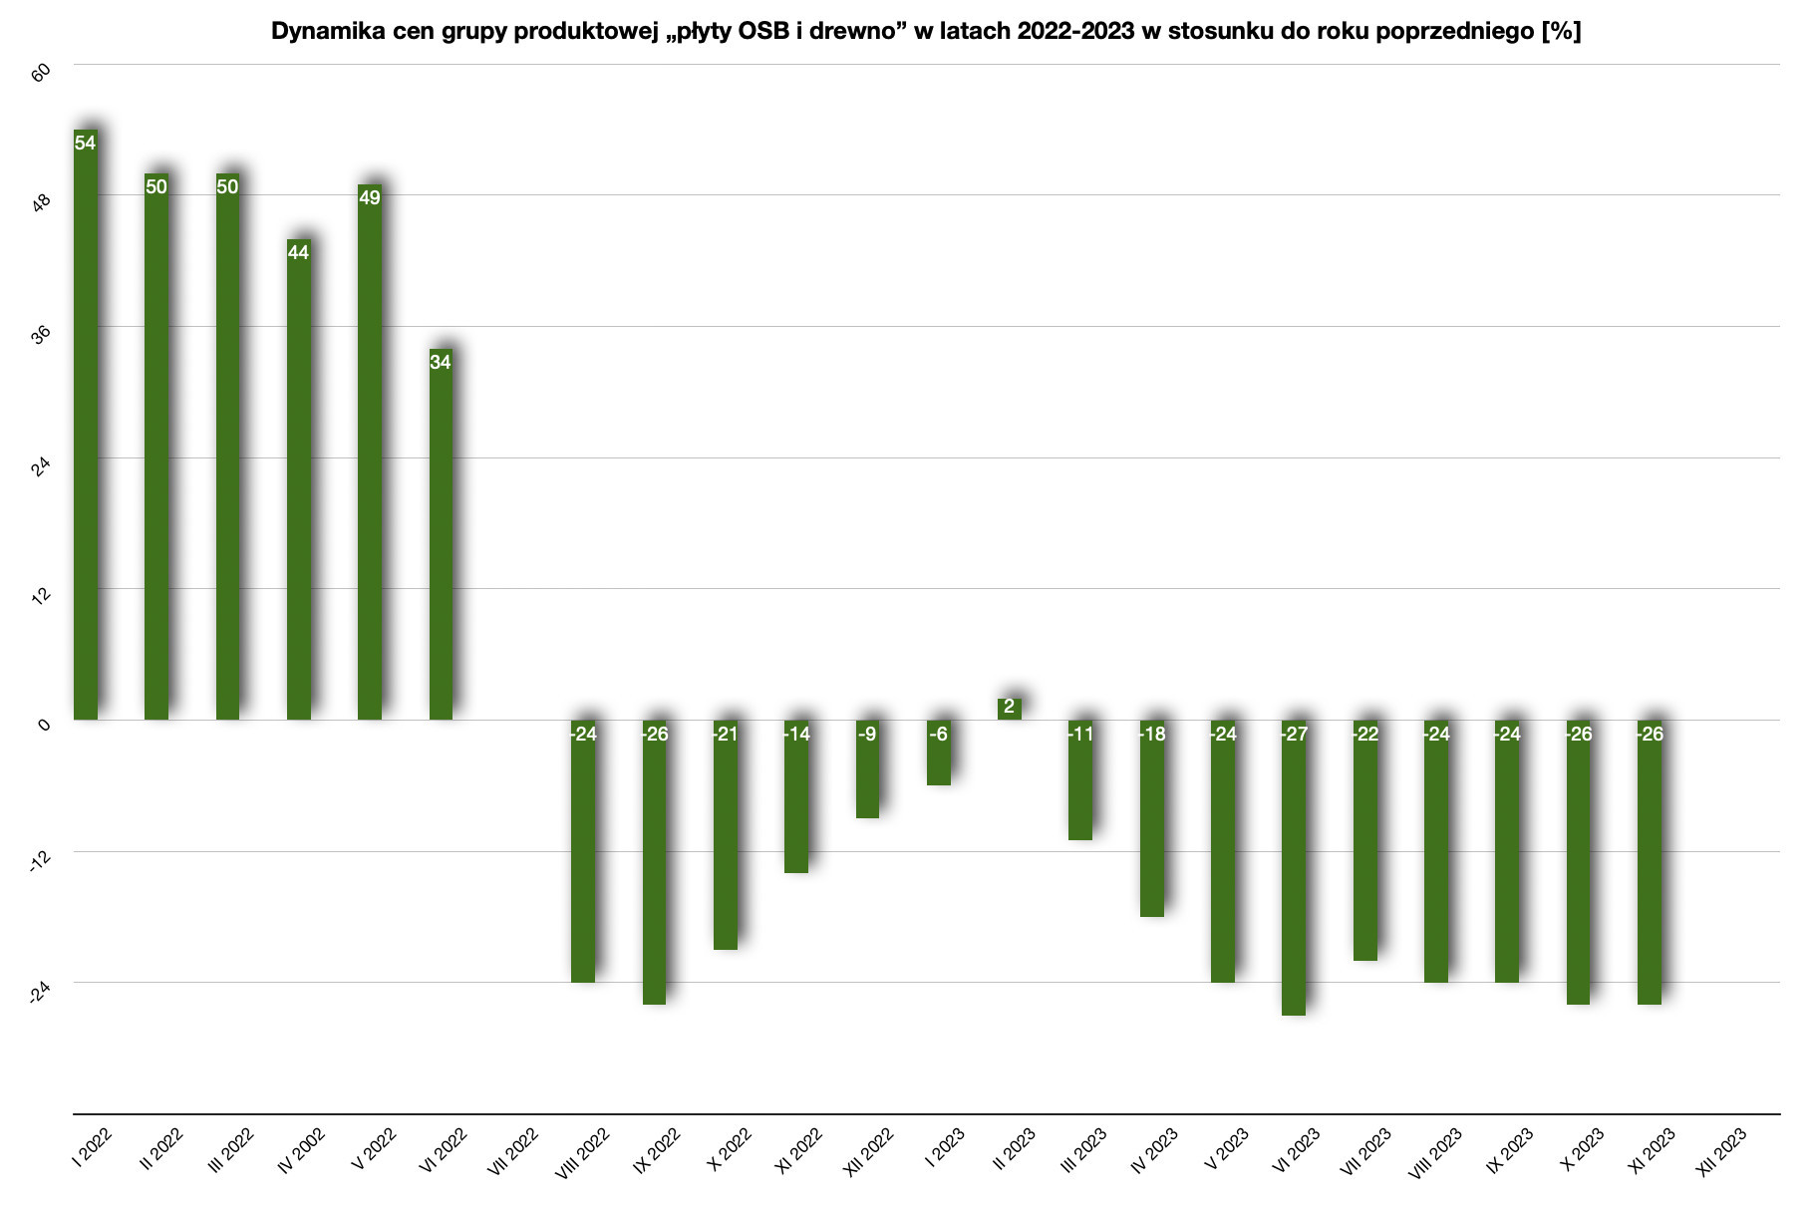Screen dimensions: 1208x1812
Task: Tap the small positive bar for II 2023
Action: tap(1009, 709)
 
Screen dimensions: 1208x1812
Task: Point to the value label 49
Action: tap(370, 197)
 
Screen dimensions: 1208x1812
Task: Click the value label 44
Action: tap(298, 252)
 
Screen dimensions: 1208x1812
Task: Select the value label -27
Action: tap(1294, 735)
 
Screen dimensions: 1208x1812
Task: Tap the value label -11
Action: tap(1080, 735)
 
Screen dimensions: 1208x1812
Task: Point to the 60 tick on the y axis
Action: tap(42, 76)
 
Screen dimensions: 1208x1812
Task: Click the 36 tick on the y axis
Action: tap(42, 337)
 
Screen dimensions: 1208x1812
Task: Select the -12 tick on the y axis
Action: tap(40, 861)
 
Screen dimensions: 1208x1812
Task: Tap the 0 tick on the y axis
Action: tap(44, 725)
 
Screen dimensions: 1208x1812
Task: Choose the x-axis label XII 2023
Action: tap(1721, 1153)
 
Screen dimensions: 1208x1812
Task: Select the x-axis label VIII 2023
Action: tap(1435, 1153)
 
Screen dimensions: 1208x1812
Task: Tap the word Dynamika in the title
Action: tap(321, 32)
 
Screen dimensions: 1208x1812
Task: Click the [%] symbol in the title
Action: tap(1561, 32)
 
